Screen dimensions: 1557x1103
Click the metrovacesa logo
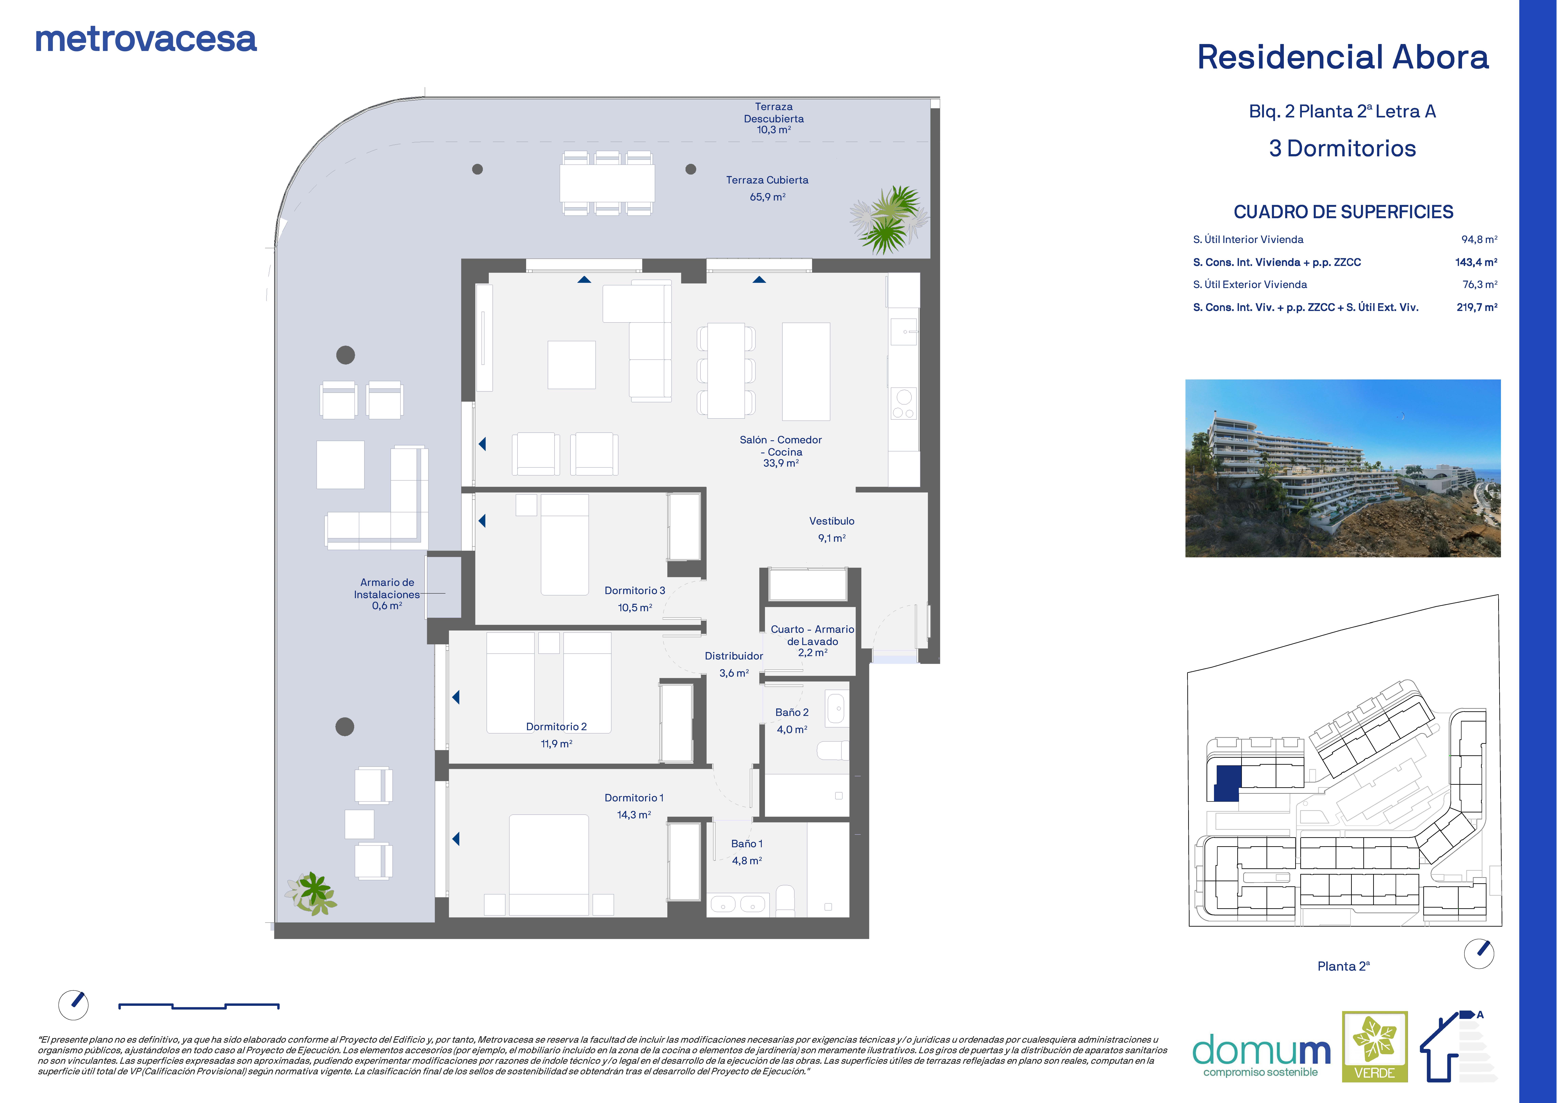[x=146, y=39]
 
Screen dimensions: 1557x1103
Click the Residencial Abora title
[x=1342, y=57]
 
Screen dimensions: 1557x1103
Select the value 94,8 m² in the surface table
[x=1479, y=239]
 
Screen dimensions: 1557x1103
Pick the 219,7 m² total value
[x=1477, y=307]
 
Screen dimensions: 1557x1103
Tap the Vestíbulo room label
[x=832, y=521]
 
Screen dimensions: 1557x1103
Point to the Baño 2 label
[x=792, y=713]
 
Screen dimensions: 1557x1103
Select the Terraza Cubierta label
[x=767, y=180]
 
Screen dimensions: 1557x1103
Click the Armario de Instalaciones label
[x=387, y=588]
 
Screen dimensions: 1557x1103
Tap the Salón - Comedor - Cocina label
[x=781, y=446]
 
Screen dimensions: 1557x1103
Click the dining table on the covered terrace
[x=607, y=183]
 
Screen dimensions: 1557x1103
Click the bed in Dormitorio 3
[x=564, y=545]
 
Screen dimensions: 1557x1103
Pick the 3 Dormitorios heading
[x=1342, y=149]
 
